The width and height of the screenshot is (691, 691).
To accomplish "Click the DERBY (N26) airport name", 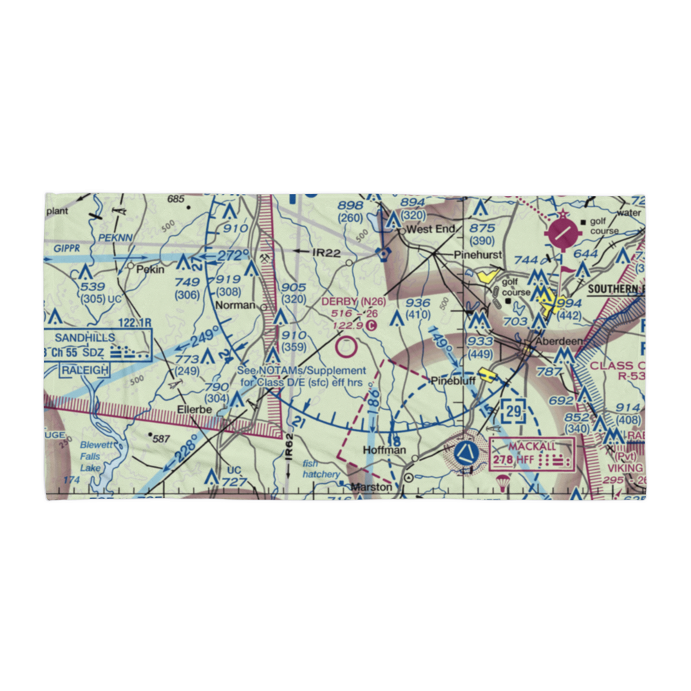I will click(x=353, y=302).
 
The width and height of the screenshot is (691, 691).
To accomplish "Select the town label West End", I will click(x=430, y=229).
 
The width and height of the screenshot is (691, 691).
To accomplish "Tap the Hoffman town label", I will click(x=385, y=450).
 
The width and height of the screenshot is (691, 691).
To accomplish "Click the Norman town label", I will click(x=234, y=305).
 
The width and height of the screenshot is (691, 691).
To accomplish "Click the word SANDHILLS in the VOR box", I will click(x=88, y=338).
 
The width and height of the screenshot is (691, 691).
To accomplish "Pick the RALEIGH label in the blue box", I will click(x=84, y=370).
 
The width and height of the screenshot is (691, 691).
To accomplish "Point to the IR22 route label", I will click(x=326, y=254).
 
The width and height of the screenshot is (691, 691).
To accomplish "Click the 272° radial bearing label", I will click(x=234, y=255).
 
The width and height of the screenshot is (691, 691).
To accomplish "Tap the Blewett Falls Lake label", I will click(x=90, y=457).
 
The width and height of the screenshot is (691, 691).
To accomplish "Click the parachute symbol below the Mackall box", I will click(x=503, y=482).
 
